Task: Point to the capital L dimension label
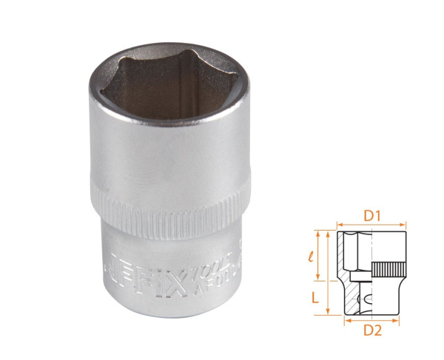(315, 297)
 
